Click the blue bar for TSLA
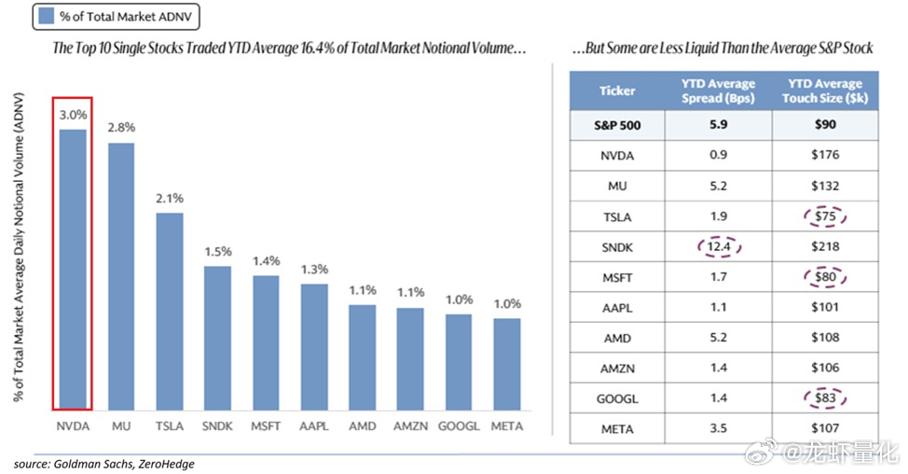tap(169, 312)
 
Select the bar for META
tap(507, 365)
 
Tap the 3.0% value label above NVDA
tap(73, 115)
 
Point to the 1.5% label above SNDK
tap(218, 252)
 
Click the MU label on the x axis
tap(121, 426)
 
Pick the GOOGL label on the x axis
tap(459, 426)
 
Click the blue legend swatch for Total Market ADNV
tap(47, 16)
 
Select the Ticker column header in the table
tap(617, 91)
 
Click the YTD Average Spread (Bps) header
tap(718, 91)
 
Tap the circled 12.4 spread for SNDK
tap(719, 247)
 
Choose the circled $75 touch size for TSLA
tap(825, 216)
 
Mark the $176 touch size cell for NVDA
tap(825, 155)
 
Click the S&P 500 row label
tap(617, 125)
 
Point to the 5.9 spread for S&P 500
tap(719, 125)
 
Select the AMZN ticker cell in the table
tap(617, 368)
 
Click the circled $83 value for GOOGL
tap(825, 398)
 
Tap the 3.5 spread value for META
tap(719, 428)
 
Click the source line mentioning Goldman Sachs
tap(104, 464)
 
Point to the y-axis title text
tap(19, 247)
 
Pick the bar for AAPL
tap(314, 347)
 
